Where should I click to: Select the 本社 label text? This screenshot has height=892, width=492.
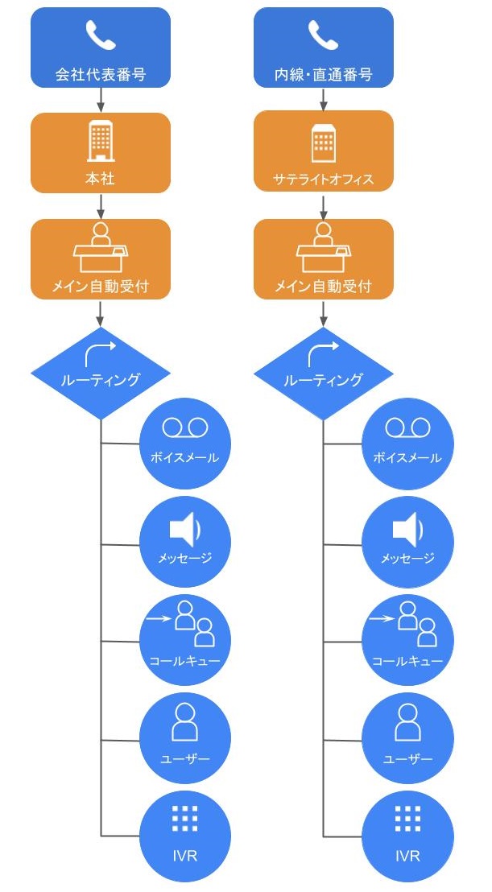pyautogui.click(x=101, y=179)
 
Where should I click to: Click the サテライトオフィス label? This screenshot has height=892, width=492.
pyautogui.click(x=324, y=179)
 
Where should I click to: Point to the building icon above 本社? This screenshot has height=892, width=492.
pyautogui.click(x=101, y=143)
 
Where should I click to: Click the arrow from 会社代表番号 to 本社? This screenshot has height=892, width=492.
pyautogui.click(x=101, y=99)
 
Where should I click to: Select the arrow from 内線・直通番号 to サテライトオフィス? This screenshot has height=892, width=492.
pyautogui.click(x=323, y=99)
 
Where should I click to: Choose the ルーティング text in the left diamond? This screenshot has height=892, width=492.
pyautogui.click(x=101, y=380)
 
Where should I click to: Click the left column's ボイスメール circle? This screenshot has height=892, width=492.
pyautogui.click(x=185, y=443)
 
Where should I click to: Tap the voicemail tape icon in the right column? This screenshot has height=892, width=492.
pyautogui.click(x=407, y=427)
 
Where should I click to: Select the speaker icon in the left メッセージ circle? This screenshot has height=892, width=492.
pyautogui.click(x=184, y=531)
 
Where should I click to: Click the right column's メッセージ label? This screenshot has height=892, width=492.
pyautogui.click(x=407, y=558)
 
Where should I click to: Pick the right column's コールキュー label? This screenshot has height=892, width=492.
pyautogui.click(x=407, y=661)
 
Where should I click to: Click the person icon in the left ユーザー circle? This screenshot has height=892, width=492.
pyautogui.click(x=185, y=722)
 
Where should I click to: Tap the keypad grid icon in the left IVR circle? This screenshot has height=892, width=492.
pyautogui.click(x=185, y=818)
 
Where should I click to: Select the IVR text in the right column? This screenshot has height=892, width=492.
pyautogui.click(x=407, y=855)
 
